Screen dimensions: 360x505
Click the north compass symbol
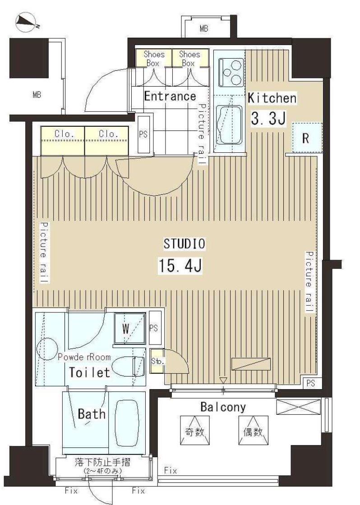[27, 22]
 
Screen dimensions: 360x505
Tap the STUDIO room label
[184, 244]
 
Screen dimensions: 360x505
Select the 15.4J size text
[180, 266]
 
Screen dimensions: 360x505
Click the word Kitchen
[272, 98]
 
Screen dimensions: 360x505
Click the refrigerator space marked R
[307, 138]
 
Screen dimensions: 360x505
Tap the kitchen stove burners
[231, 73]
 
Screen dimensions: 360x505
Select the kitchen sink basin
[229, 124]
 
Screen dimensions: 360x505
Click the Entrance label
[170, 96]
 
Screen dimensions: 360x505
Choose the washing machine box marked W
[129, 329]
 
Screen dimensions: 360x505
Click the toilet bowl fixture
[128, 366]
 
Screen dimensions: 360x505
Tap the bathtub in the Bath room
[127, 423]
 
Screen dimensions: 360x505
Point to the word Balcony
[223, 407]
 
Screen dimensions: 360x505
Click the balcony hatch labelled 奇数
[195, 430]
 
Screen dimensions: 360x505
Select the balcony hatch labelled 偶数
[254, 430]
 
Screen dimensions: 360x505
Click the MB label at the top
[204, 29]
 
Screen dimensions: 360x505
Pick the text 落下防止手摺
[102, 463]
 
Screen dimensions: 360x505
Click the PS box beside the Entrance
[143, 134]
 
